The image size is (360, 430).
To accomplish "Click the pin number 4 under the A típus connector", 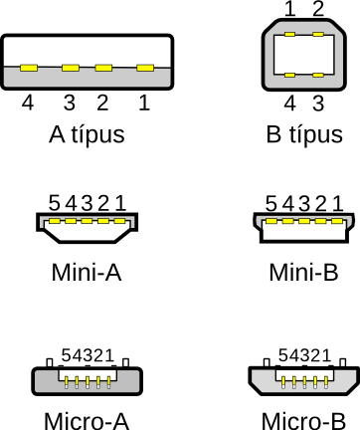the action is pos(28,103).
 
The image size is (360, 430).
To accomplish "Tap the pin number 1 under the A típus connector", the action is pos(144,103).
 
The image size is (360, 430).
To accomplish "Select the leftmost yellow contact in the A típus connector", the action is pos(29,68).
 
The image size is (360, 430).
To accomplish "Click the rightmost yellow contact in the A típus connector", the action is pos(145,68).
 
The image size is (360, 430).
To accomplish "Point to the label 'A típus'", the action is pos(87,134).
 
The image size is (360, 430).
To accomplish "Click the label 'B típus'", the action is pos(304,134).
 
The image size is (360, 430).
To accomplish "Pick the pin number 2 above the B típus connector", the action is pos(318,9).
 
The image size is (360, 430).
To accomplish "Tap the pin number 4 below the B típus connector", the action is pos(290,104).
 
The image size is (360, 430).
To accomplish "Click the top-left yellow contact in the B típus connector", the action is pos(289,35).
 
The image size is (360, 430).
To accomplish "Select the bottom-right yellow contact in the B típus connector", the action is pos(318,75).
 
